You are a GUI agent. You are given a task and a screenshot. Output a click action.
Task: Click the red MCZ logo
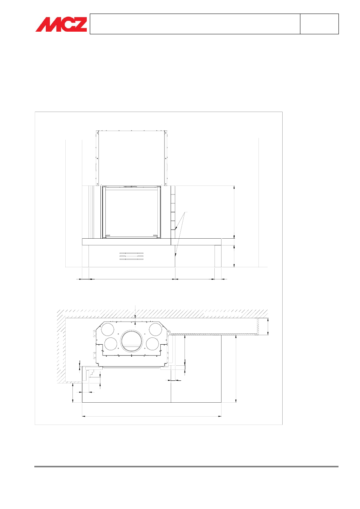pyautogui.click(x=61, y=24)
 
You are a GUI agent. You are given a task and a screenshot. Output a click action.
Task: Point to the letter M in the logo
pyautogui.click(x=46, y=24)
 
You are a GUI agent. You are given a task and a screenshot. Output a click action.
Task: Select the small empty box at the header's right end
pyautogui.click(x=319, y=24)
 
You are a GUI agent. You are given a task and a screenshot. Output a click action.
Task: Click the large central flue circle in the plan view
pyautogui.click(x=131, y=340)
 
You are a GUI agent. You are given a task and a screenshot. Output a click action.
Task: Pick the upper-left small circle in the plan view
pyautogui.click(x=108, y=329)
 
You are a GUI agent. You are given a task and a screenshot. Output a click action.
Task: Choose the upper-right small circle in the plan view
pyautogui.click(x=155, y=329)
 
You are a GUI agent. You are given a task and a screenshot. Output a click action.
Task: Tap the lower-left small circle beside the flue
pyautogui.click(x=111, y=344)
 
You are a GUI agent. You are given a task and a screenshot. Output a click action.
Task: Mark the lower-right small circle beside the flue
pyautogui.click(x=152, y=344)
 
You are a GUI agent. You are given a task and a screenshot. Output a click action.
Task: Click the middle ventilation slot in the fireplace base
pyautogui.click(x=131, y=256)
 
